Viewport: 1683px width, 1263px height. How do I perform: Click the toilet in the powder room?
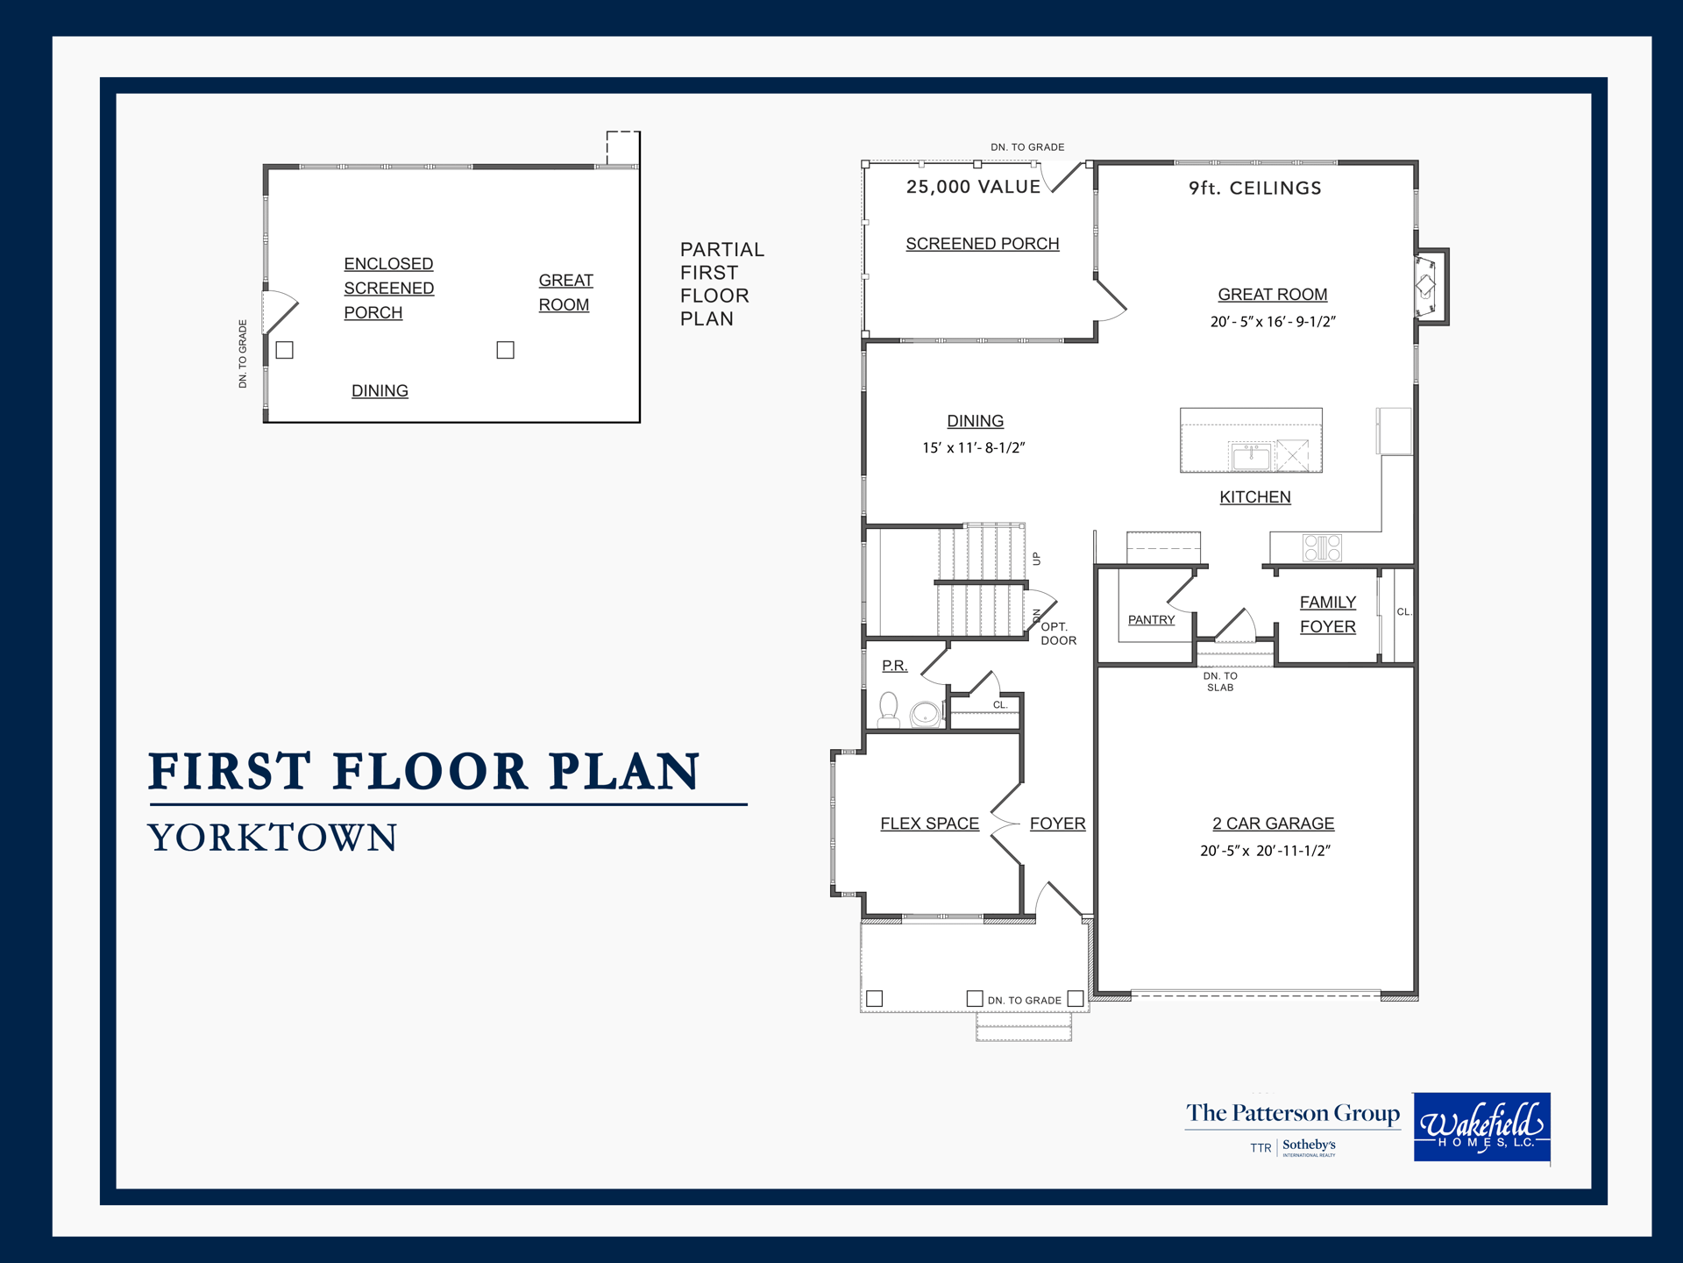(x=889, y=709)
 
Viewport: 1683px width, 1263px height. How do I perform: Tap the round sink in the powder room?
(x=925, y=715)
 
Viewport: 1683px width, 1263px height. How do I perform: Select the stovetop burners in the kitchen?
(x=1322, y=547)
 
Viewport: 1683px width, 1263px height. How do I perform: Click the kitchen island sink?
(x=1251, y=456)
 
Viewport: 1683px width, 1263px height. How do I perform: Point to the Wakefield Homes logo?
(x=1481, y=1127)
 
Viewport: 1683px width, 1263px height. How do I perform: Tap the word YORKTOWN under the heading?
(x=273, y=838)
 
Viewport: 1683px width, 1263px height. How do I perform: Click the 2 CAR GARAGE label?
(x=1273, y=824)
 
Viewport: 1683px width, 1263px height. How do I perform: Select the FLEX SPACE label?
(x=929, y=824)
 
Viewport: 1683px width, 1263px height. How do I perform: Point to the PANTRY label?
(x=1151, y=620)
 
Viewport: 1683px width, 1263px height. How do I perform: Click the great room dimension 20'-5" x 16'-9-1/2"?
(x=1273, y=322)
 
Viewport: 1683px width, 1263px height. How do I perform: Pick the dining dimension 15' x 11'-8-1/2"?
(x=973, y=448)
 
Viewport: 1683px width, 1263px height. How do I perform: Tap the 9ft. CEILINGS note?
(x=1254, y=188)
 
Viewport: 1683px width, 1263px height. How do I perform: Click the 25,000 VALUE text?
(x=973, y=187)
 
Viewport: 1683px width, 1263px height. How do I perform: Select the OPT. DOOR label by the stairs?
(x=1058, y=633)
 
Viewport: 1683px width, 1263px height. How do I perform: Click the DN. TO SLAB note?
(x=1220, y=681)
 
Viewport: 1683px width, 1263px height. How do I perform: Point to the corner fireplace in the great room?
(x=1430, y=286)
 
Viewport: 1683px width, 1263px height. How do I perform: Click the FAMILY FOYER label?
(x=1327, y=614)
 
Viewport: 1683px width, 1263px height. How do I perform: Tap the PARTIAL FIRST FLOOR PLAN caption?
(x=722, y=284)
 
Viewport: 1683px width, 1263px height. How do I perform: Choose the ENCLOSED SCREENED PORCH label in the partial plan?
(x=388, y=288)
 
